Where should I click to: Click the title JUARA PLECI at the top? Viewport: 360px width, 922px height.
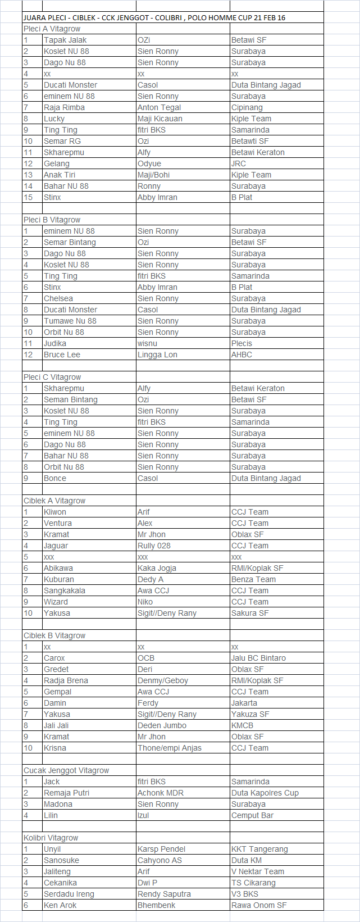(x=154, y=17)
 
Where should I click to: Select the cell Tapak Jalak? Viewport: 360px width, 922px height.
(x=65, y=40)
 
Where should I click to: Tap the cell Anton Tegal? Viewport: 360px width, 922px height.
(x=159, y=107)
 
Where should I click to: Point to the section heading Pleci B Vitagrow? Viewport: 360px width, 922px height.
(x=52, y=220)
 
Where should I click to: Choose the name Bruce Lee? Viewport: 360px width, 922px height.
(x=62, y=355)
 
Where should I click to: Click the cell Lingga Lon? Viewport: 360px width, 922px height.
(x=157, y=355)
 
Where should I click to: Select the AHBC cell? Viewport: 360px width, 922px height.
(x=241, y=355)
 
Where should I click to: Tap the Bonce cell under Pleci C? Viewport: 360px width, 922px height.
(x=55, y=478)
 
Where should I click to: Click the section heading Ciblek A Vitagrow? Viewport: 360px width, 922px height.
(x=54, y=501)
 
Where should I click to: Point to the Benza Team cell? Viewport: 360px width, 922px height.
(x=253, y=579)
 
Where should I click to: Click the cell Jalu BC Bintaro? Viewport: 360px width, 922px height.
(x=258, y=658)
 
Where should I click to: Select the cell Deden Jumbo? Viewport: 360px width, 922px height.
(x=162, y=725)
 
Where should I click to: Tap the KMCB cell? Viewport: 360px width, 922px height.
(x=242, y=725)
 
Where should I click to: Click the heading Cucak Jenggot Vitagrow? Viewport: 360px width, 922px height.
(x=66, y=770)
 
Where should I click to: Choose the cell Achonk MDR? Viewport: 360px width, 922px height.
(x=161, y=793)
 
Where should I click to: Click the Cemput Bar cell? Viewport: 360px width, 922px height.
(x=252, y=815)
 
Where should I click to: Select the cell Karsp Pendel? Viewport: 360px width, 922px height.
(x=161, y=849)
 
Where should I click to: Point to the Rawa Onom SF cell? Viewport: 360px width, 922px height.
(x=259, y=905)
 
